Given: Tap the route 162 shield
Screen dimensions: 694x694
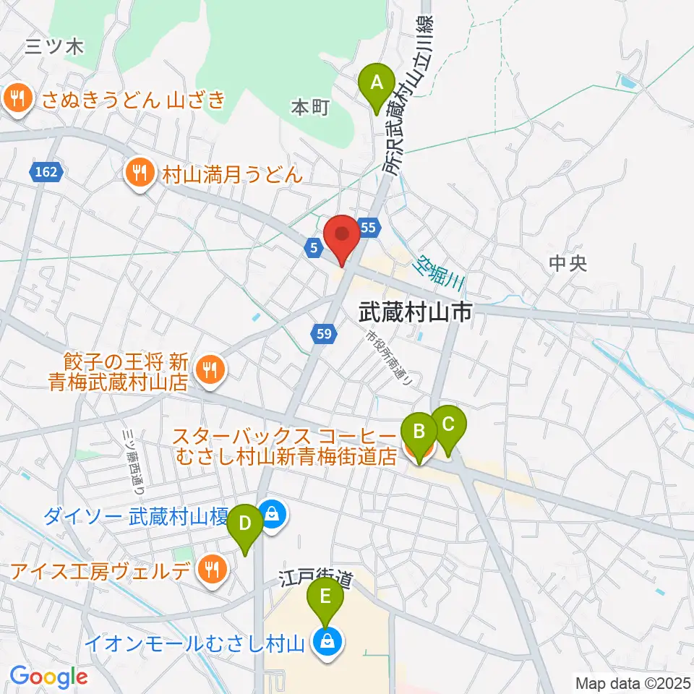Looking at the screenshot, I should coord(48,172).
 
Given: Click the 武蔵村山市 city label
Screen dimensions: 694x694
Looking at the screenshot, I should coord(416,312).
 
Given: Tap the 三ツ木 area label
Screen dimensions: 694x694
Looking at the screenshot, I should coord(55,48).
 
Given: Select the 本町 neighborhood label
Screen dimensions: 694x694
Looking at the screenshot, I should coord(310,108).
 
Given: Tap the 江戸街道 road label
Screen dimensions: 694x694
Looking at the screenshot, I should coord(317,578).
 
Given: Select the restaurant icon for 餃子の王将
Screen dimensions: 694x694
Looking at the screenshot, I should coord(210,369).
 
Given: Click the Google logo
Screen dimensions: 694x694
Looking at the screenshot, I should coord(48,677).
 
